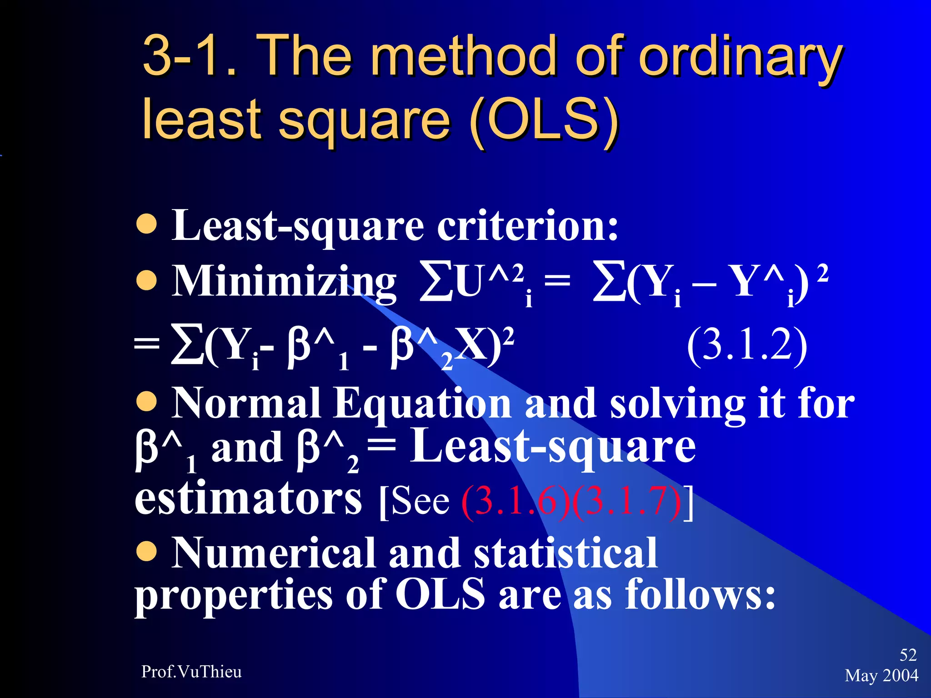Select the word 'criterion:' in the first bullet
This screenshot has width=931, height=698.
click(527, 226)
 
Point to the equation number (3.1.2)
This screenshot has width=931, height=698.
click(747, 346)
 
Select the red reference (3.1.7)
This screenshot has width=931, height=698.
click(627, 502)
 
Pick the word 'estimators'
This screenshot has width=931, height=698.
click(248, 499)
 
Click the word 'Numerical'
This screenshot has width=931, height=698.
click(274, 553)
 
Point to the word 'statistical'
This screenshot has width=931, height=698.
click(566, 553)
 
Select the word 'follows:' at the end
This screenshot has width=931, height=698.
click(700, 594)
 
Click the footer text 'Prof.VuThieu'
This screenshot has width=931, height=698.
click(191, 672)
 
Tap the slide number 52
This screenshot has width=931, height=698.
click(908, 655)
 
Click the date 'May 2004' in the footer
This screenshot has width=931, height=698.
click(881, 675)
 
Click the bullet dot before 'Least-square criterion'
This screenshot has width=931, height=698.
click(147, 224)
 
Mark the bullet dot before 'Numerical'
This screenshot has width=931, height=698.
click(147, 551)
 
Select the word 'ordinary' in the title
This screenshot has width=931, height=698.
click(741, 58)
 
